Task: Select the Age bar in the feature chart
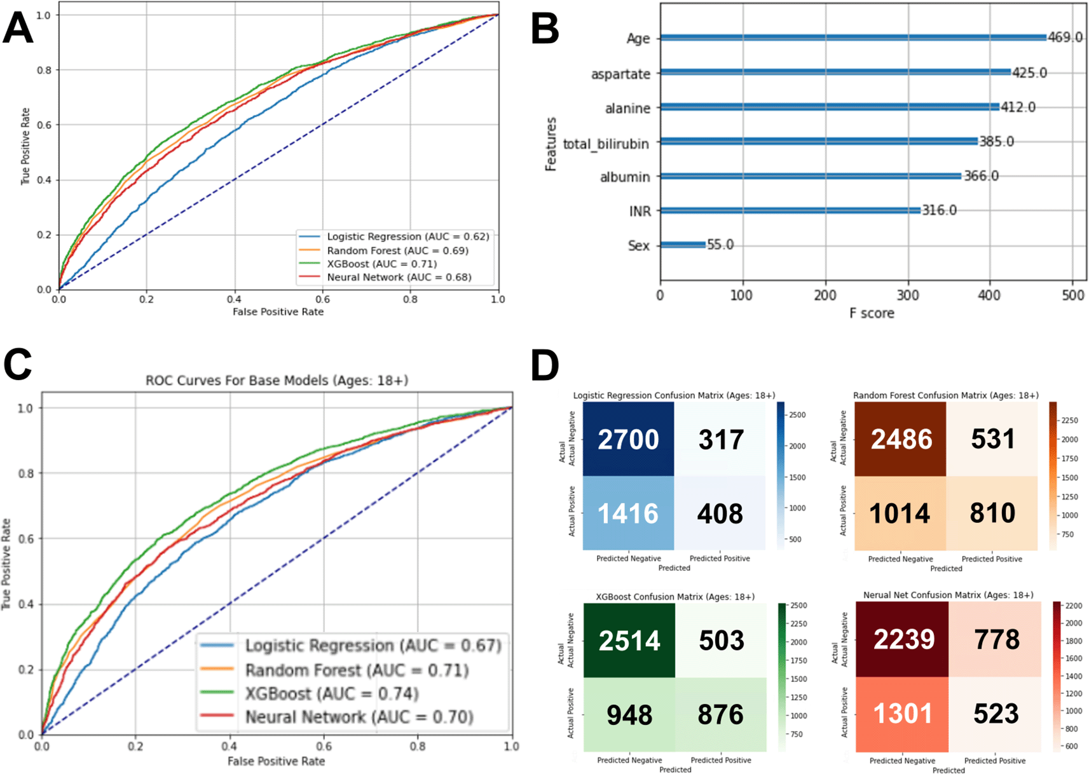click(x=853, y=37)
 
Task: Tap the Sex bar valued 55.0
click(x=683, y=245)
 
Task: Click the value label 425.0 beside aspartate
click(x=1029, y=73)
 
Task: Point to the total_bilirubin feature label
click(x=606, y=144)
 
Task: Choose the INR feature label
click(x=640, y=211)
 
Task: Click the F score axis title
click(x=872, y=313)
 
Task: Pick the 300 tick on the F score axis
click(x=908, y=295)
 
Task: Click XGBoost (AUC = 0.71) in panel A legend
click(x=381, y=264)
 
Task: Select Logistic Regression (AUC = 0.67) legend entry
click(x=373, y=646)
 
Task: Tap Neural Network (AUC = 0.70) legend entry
click(x=359, y=717)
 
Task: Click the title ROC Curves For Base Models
click(x=277, y=381)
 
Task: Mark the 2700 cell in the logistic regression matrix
click(x=628, y=439)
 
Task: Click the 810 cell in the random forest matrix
click(x=992, y=513)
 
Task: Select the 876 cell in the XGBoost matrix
click(x=720, y=715)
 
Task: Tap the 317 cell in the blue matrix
click(x=720, y=439)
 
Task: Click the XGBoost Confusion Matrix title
click(x=675, y=597)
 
